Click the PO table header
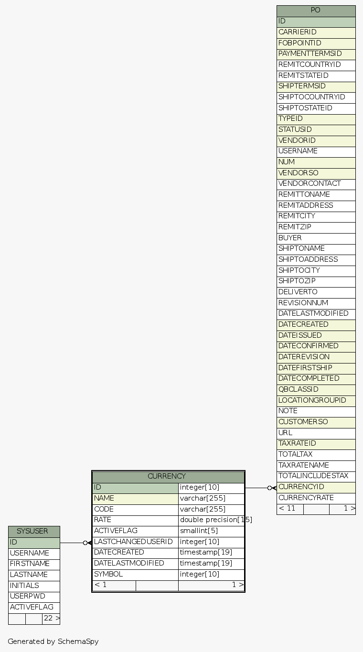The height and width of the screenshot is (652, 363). [x=316, y=11]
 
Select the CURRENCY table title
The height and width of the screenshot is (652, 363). [x=168, y=477]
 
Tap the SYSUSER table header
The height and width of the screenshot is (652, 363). [x=33, y=532]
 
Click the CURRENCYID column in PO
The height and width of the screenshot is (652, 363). [x=316, y=487]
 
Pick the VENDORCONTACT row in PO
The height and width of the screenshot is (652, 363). [x=316, y=184]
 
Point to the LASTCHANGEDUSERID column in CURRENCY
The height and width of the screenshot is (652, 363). [x=135, y=542]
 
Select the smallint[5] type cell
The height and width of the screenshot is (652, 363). [x=211, y=531]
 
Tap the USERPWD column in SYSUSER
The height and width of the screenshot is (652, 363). [x=33, y=597]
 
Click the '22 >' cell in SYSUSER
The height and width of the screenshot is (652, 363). [x=51, y=619]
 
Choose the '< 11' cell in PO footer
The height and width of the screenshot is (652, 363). [x=289, y=509]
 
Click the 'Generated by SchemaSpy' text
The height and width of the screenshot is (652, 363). [x=53, y=641]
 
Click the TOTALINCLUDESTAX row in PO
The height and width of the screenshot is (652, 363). [x=316, y=476]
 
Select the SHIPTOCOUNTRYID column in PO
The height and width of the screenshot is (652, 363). [x=316, y=97]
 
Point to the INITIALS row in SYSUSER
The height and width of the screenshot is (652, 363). [x=33, y=586]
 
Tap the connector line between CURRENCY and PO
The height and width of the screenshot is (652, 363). [x=257, y=488]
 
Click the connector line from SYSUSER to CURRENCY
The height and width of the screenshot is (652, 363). [x=72, y=543]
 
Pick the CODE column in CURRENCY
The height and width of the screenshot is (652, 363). [x=135, y=510]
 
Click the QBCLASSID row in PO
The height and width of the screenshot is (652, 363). [x=316, y=390]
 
